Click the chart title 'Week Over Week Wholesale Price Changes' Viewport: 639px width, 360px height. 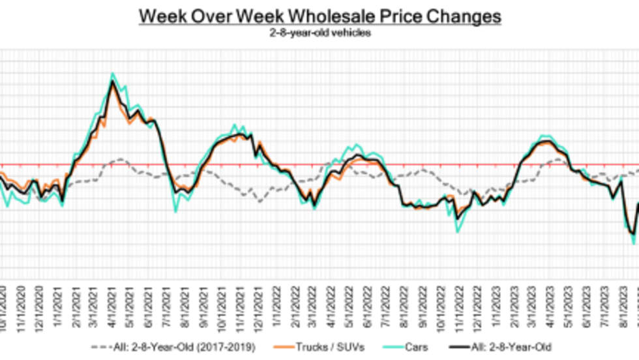[x=319, y=16]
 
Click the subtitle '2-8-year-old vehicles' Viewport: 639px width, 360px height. [x=319, y=33]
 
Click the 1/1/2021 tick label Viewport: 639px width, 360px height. [x=60, y=307]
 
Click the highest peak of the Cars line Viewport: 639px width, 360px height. [x=113, y=74]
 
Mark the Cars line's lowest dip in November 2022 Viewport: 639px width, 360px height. [x=457, y=231]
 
